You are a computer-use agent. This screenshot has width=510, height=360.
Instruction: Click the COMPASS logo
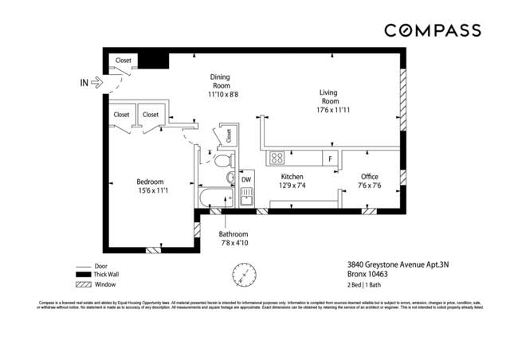[434, 30]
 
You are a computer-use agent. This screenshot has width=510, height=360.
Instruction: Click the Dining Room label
[221, 80]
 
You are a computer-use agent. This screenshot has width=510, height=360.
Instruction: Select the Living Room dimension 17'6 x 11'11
[329, 111]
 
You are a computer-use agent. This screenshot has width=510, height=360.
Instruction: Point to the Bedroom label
[150, 181]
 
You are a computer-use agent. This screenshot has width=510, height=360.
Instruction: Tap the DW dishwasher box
[246, 180]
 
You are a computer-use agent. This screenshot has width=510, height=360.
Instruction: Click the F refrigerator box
[329, 158]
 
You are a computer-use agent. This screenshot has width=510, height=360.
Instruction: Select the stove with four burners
[278, 157]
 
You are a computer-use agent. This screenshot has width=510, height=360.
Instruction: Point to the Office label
[369, 176]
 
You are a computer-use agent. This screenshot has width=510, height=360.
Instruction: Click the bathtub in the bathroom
[214, 199]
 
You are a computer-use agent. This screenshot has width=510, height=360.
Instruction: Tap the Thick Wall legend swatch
[83, 275]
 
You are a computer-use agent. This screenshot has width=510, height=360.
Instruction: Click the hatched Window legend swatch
[83, 284]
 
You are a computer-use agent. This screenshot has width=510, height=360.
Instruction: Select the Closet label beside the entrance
[124, 60]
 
